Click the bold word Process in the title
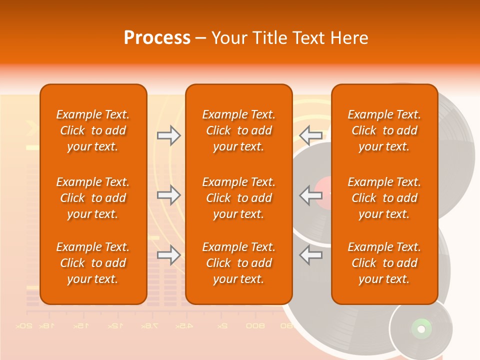coord(157,38)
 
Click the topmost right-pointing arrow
coord(168,135)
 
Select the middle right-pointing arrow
coord(168,195)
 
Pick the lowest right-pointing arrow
coord(168,255)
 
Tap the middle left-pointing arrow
coord(311,195)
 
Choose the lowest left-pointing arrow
coord(311,255)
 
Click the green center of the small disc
coord(421,328)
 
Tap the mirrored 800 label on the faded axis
coord(255,326)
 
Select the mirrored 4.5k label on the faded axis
coord(183,326)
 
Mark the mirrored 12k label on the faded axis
coord(114,326)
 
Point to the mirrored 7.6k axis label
coord(149,326)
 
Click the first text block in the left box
coord(93,130)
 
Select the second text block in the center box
coord(238,198)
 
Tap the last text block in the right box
coord(384,263)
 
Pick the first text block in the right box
coord(384,130)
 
